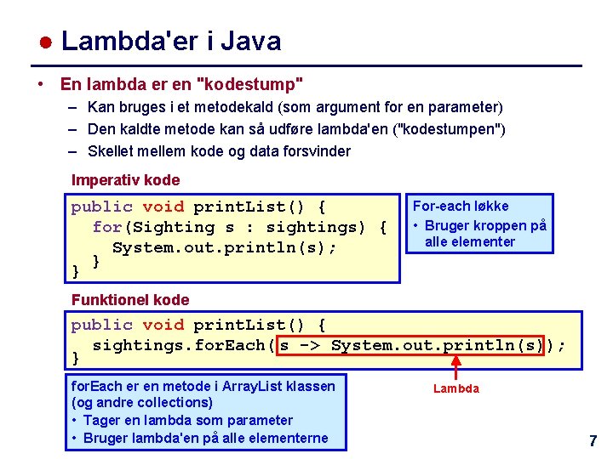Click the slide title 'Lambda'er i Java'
click(x=170, y=41)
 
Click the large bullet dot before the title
click(x=47, y=42)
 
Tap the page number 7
click(x=593, y=441)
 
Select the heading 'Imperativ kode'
click(x=125, y=180)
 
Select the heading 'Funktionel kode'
click(x=130, y=299)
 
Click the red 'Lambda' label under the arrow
click(x=456, y=388)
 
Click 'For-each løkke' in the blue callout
click(x=461, y=206)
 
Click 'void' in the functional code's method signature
click(x=163, y=325)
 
